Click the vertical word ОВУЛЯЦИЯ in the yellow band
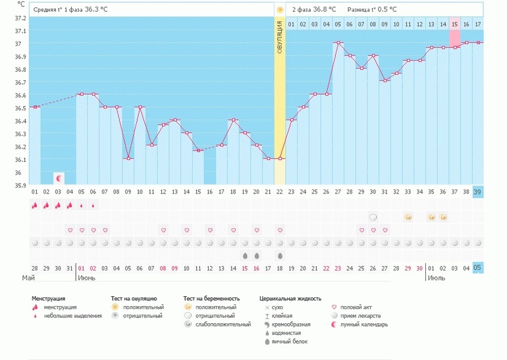(280, 37)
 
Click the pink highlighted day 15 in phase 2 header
(454, 24)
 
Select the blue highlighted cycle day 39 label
(478, 192)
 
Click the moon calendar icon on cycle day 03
(59, 178)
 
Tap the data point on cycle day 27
(338, 43)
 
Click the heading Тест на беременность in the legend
(211, 298)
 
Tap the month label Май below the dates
(28, 278)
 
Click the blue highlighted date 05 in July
(478, 268)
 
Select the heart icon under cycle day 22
(280, 230)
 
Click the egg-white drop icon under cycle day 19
(245, 255)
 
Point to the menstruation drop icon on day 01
(34, 205)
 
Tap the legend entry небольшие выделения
(72, 316)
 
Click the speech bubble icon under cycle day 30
(373, 217)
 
